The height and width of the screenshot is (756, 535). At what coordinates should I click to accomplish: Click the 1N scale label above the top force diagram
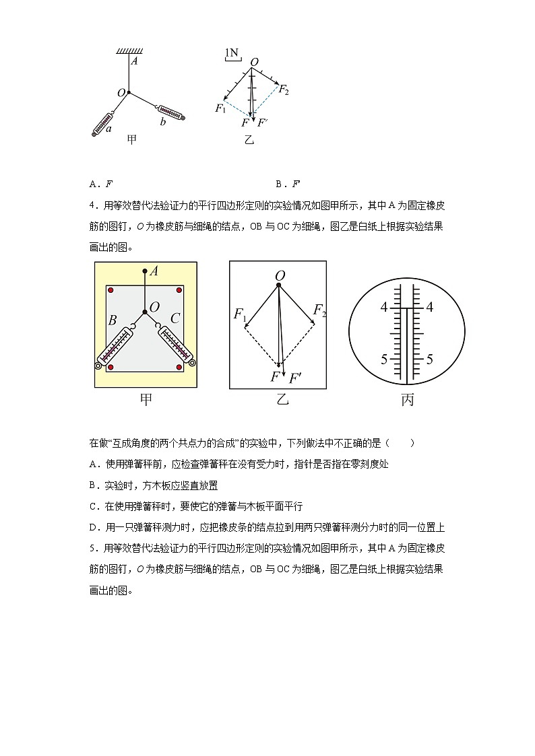tap(231, 52)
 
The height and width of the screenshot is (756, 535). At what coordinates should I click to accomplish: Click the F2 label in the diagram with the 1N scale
tap(284, 90)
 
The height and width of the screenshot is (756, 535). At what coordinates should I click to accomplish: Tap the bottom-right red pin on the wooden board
tap(179, 367)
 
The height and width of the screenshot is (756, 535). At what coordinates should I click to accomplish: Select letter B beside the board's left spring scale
tap(113, 320)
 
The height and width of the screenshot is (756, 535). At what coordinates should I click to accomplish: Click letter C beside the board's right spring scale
tap(175, 318)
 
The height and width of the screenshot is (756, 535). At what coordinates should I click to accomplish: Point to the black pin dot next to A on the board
tap(144, 272)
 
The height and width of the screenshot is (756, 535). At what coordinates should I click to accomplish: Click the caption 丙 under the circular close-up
tap(407, 401)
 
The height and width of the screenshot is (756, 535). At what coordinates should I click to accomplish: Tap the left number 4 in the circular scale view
tap(384, 308)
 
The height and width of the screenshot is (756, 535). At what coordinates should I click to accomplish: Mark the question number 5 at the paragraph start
tap(92, 548)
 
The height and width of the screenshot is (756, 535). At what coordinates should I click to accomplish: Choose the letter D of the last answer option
tap(93, 528)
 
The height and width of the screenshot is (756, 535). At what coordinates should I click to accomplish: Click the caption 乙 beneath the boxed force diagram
tap(282, 401)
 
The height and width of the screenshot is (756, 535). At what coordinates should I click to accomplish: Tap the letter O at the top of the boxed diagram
tap(279, 275)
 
